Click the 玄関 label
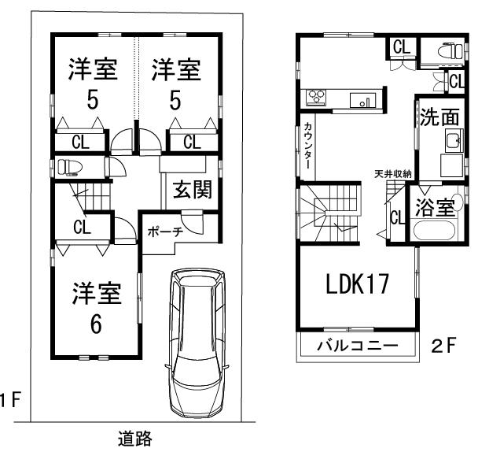[x=191, y=191]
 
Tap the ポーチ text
[x=164, y=232]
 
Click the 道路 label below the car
[x=134, y=439]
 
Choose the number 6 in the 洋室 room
[x=96, y=324]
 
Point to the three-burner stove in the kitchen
[x=316, y=98]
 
